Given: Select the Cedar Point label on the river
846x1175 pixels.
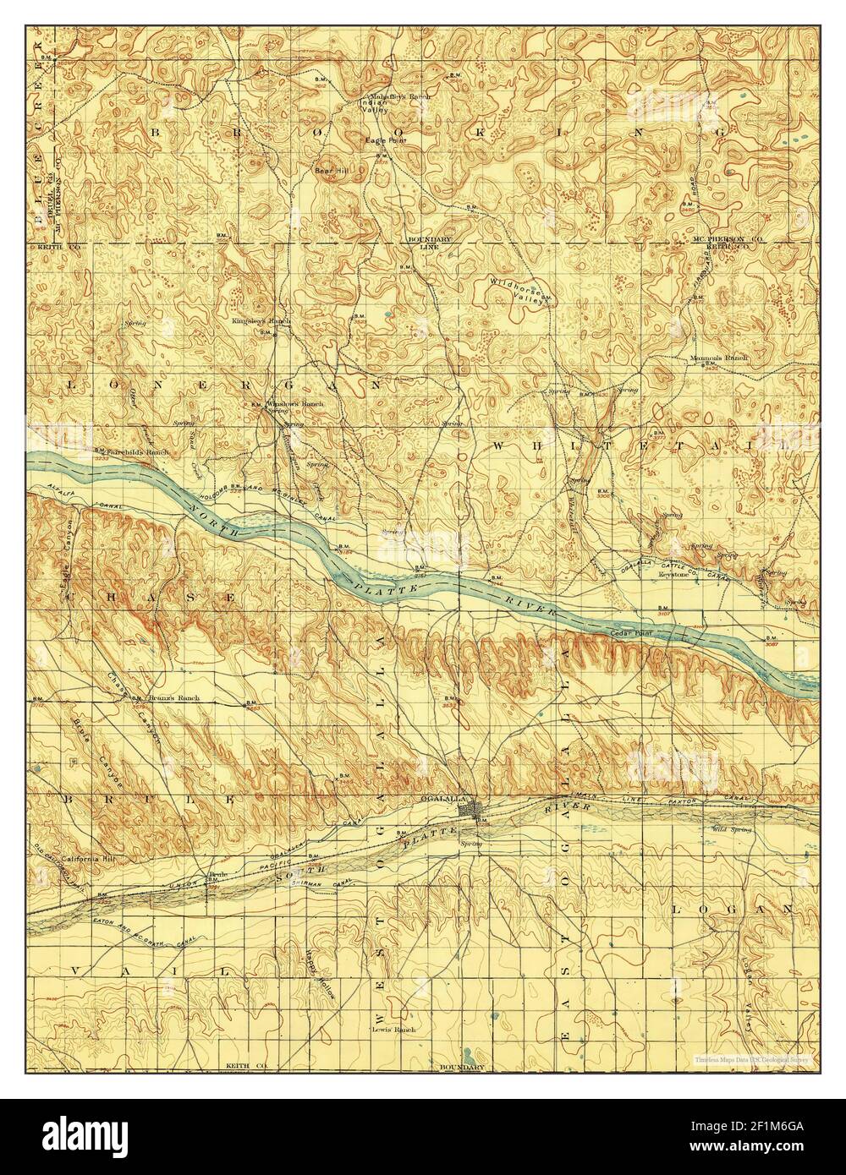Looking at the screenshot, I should (637, 632).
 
